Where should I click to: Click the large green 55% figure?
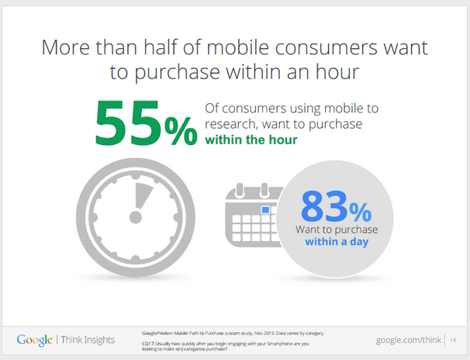[146, 123]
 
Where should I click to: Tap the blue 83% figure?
[336, 206]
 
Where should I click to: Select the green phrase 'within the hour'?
[251, 140]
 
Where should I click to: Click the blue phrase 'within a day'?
[337, 241]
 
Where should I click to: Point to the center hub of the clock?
[136, 217]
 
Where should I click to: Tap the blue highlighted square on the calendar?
[265, 209]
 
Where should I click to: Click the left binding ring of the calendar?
[240, 190]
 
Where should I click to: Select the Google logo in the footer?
[34, 341]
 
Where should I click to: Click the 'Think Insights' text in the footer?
[88, 340]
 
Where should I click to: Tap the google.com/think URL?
[409, 340]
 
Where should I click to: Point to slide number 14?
[453, 340]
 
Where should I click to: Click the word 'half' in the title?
[161, 47]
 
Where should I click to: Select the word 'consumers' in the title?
[326, 48]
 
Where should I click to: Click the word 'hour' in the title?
[337, 72]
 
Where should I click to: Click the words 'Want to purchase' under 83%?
[337, 230]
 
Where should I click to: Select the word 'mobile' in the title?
[237, 47]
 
